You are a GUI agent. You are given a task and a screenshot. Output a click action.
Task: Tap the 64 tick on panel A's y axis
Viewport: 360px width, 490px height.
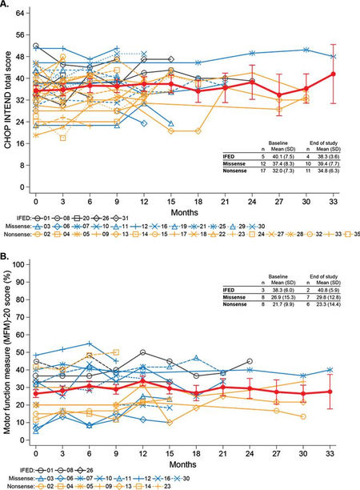pos(22,14)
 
